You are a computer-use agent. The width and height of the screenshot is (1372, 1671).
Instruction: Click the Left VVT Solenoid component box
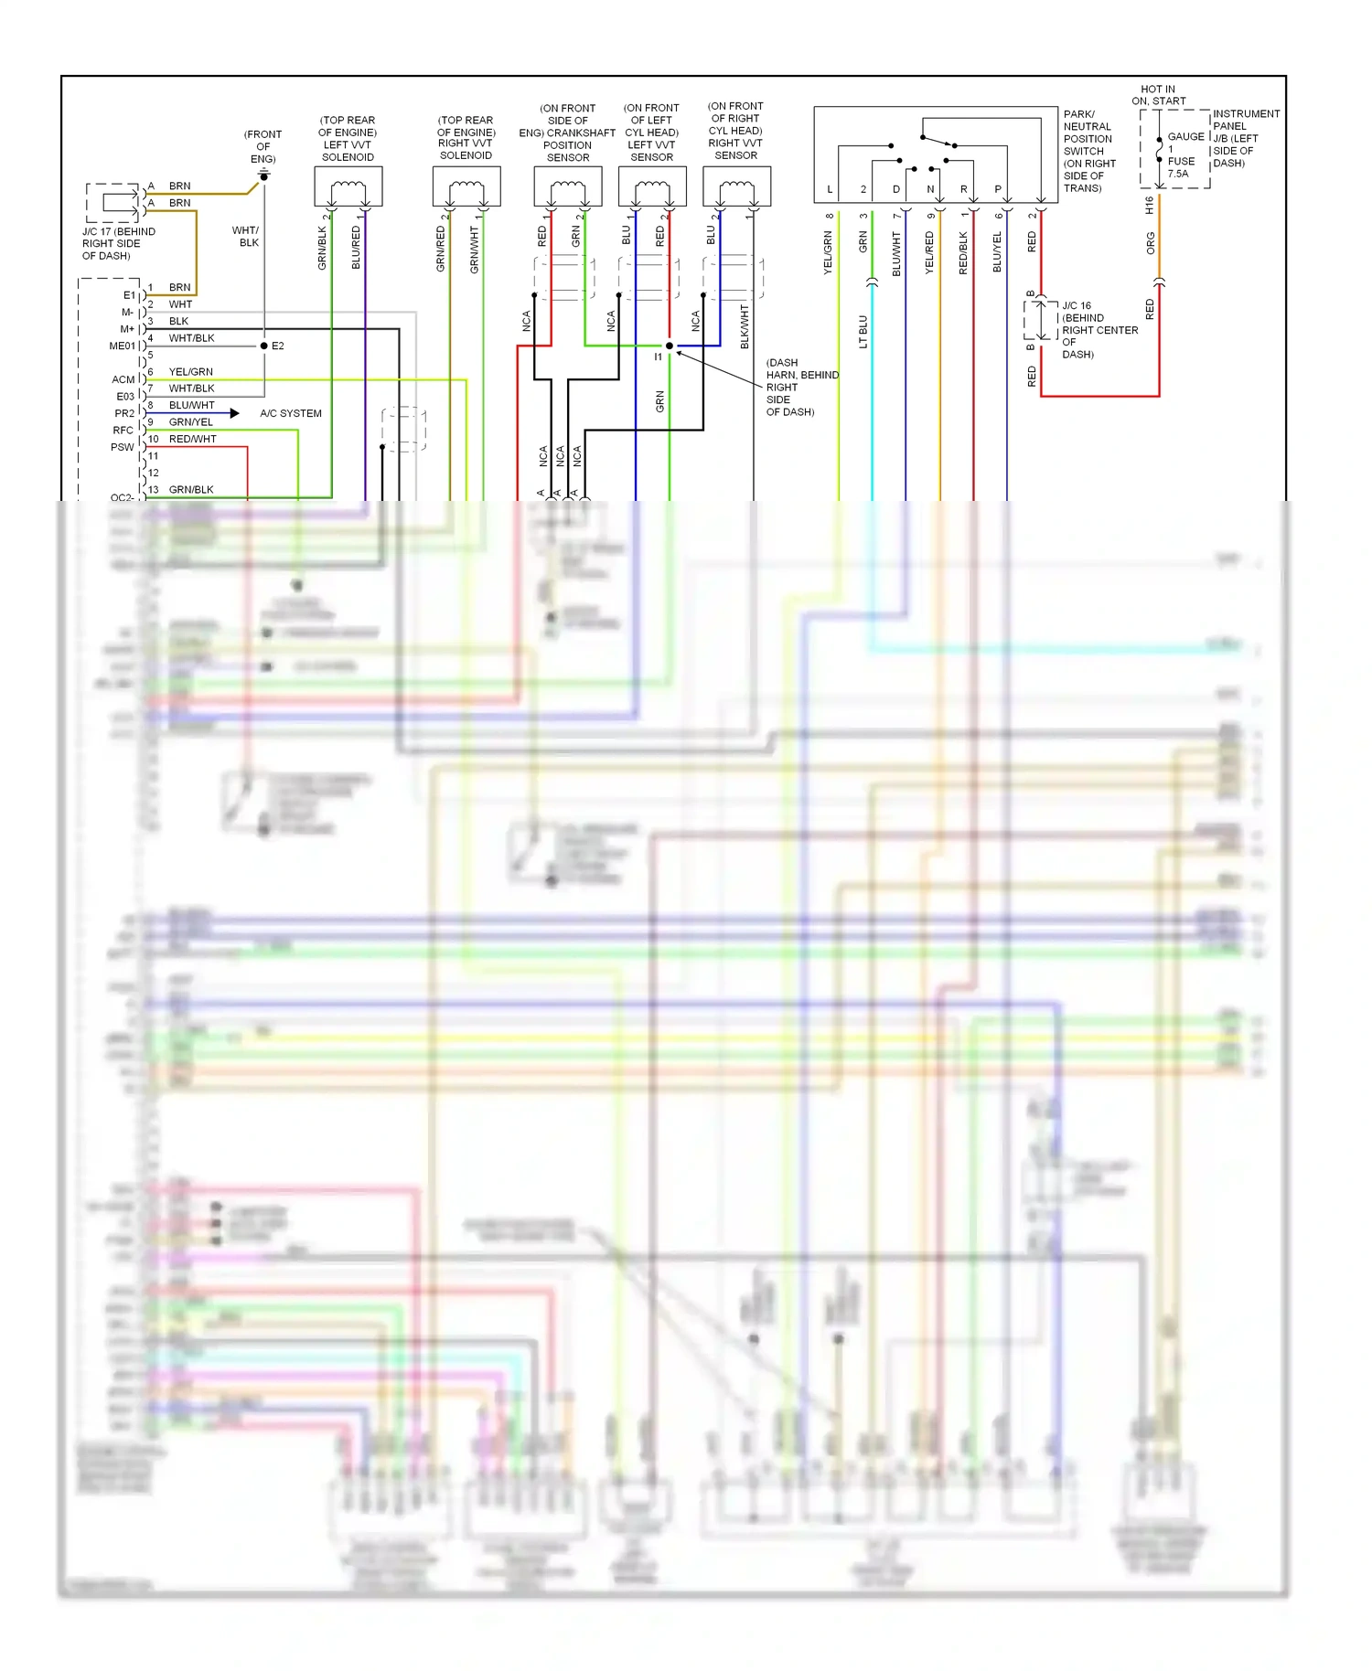348,186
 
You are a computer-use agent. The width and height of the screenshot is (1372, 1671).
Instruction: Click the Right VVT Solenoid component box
466,186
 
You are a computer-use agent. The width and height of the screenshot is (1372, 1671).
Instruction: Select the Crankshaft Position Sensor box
568,186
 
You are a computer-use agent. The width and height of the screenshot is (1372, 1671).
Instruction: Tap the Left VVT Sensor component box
652,186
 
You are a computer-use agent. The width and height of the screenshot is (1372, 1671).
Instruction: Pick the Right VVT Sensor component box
736,186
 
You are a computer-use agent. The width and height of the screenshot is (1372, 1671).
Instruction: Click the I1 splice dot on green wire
670,346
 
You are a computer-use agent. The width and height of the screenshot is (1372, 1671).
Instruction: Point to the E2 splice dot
264,346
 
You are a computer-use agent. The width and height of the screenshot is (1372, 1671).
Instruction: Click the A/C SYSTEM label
291,413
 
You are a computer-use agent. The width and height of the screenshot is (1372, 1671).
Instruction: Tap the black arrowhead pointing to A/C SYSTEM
235,413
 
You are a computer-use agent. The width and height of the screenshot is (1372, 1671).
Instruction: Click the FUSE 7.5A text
1180,167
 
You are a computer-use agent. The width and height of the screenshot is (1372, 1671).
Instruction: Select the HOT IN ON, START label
1159,95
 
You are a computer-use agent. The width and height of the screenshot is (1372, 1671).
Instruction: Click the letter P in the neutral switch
998,189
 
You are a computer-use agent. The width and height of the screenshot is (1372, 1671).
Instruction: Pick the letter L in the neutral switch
830,189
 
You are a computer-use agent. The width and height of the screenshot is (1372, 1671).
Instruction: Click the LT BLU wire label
863,332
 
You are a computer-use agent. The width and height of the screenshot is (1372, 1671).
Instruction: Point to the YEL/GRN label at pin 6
190,372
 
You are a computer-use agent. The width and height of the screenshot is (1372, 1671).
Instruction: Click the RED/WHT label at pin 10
193,440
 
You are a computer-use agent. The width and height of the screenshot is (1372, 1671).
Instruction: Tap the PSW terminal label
123,447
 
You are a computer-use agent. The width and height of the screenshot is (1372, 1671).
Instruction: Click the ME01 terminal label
122,346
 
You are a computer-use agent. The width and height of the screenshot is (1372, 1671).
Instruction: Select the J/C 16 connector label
1077,306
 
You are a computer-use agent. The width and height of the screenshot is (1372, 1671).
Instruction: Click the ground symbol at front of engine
263,174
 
